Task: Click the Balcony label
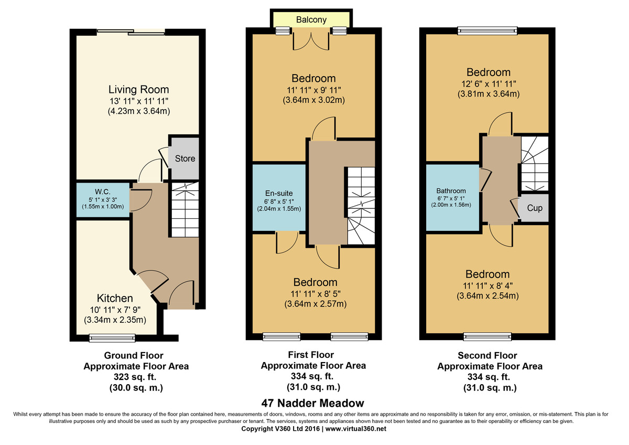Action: click(311, 19)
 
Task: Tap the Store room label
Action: click(185, 158)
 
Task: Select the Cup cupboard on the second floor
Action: click(534, 208)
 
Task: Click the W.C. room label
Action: click(103, 192)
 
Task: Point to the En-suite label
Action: click(279, 193)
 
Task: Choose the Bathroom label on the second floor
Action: click(451, 191)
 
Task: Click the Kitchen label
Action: click(115, 298)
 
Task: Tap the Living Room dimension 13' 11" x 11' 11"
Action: click(139, 101)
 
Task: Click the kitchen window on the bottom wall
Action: click(112, 337)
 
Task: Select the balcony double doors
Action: click(311, 41)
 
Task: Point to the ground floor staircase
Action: click(185, 209)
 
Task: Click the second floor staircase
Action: click(535, 164)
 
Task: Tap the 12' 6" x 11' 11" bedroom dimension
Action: click(489, 84)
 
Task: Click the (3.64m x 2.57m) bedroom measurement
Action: click(316, 304)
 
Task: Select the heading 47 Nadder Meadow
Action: click(312, 403)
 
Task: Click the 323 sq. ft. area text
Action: click(135, 377)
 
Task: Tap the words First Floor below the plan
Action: click(311, 355)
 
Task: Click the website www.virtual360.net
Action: click(356, 429)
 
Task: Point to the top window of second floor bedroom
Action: click(487, 30)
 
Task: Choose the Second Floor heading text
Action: click(487, 355)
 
